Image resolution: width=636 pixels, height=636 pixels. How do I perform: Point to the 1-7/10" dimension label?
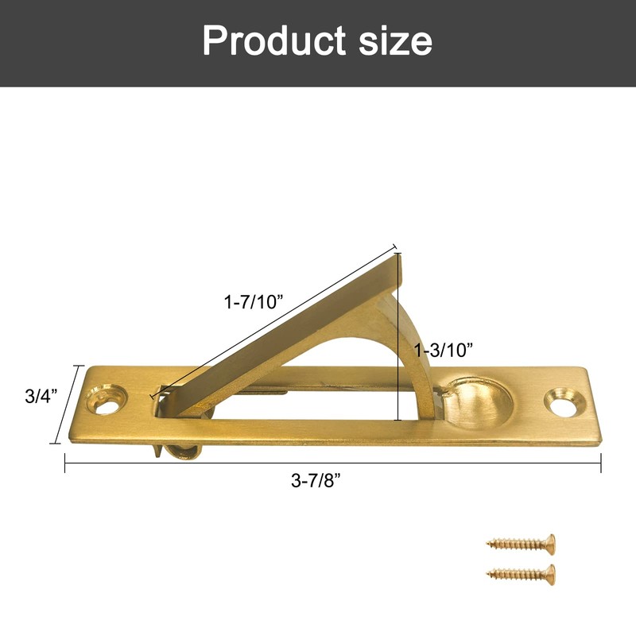(x=254, y=302)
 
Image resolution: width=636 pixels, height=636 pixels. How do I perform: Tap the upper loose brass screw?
(x=521, y=545)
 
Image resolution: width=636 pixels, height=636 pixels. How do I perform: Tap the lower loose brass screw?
(x=521, y=572)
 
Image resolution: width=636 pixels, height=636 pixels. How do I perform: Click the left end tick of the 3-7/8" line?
(x=65, y=463)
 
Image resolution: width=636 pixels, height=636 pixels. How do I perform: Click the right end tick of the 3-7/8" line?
(x=600, y=463)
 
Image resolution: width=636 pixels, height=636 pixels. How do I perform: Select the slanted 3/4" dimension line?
(x=67, y=404)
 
